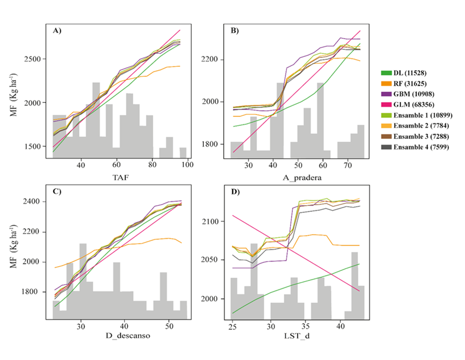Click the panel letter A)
[x=57, y=31]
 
